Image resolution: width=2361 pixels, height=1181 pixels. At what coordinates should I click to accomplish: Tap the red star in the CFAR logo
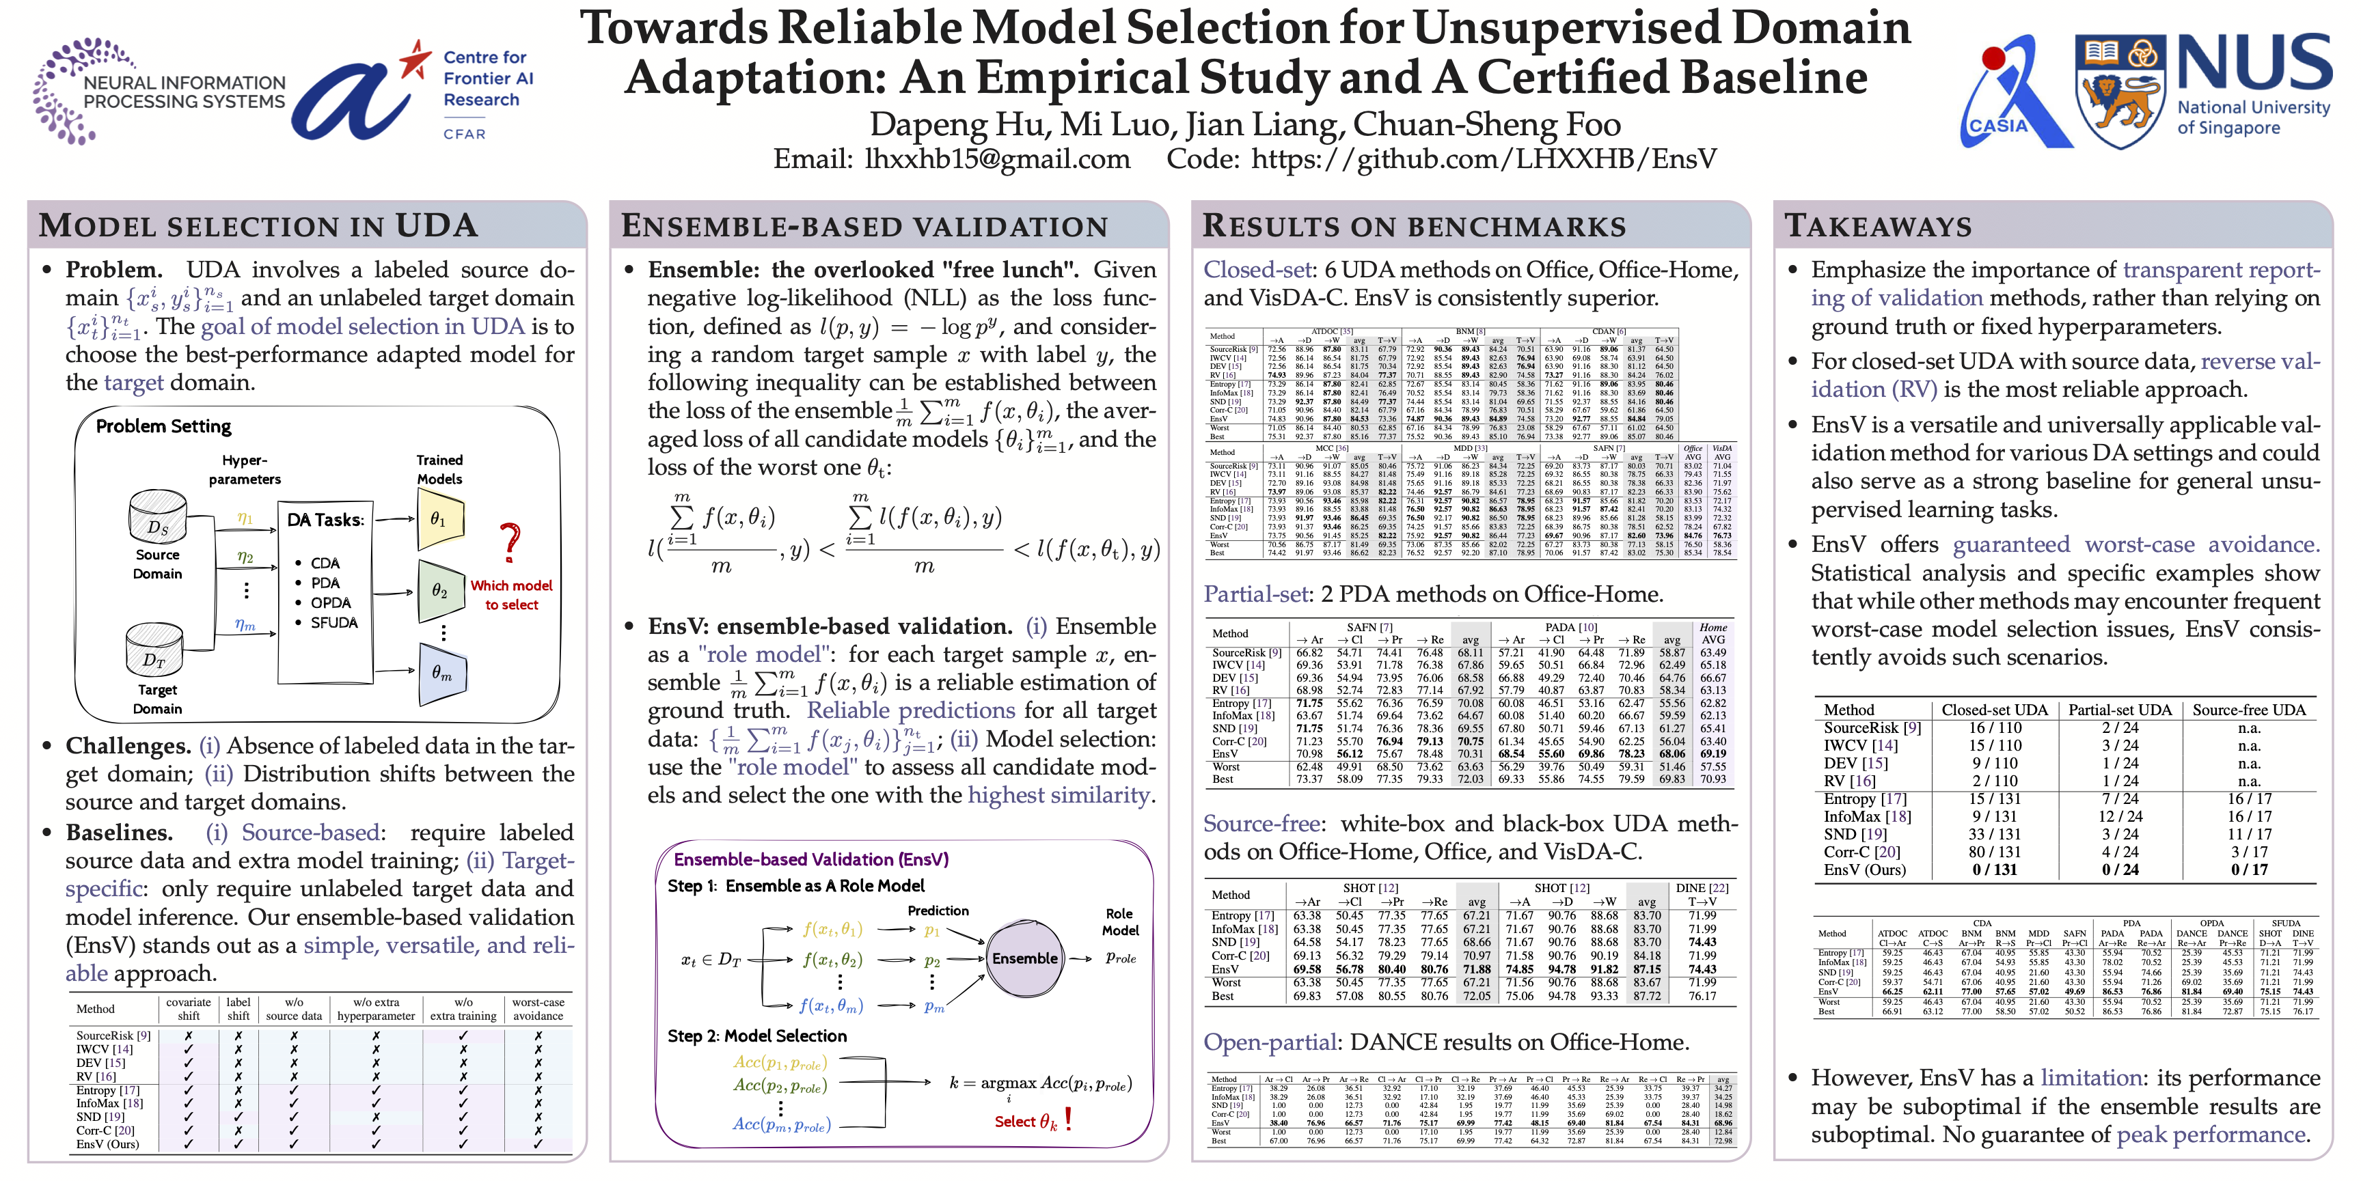[415, 59]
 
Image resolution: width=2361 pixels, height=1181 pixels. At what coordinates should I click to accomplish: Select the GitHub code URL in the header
[1483, 159]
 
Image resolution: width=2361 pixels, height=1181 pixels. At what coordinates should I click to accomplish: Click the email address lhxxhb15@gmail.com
[996, 159]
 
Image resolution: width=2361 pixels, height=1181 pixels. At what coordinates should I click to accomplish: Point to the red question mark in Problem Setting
[510, 542]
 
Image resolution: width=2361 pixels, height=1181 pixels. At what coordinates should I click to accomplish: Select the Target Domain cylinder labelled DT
[154, 650]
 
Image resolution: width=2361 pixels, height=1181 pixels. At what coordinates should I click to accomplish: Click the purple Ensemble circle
[1024, 958]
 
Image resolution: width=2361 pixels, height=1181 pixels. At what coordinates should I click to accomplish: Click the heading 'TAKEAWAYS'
[1877, 225]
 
